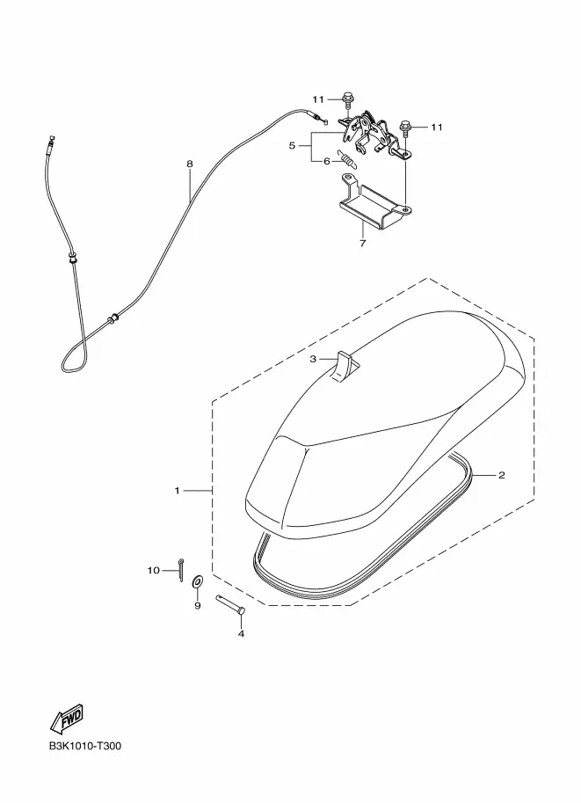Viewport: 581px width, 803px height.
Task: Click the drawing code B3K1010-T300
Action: click(x=85, y=746)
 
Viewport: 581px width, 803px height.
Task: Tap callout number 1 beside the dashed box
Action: click(x=178, y=491)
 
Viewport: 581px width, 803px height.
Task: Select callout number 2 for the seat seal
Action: click(x=502, y=475)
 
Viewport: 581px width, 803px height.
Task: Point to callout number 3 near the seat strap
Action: click(x=313, y=359)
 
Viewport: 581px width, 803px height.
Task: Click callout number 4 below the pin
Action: click(x=241, y=634)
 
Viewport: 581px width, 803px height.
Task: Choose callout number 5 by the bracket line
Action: click(x=292, y=145)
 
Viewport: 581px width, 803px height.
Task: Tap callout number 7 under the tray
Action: click(x=362, y=244)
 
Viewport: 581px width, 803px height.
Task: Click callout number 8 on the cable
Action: click(x=189, y=164)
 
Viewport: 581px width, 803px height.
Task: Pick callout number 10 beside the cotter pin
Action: click(x=154, y=570)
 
